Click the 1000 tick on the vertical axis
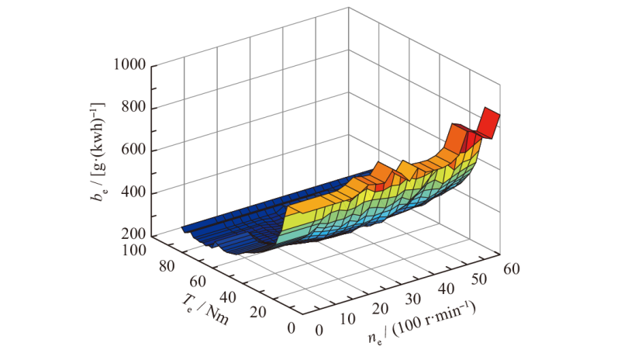(129, 66)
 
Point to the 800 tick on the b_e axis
(135, 109)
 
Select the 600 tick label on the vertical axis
(135, 151)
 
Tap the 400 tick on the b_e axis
(135, 193)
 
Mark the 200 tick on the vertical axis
(135, 236)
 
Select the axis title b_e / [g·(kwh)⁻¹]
(96, 151)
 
